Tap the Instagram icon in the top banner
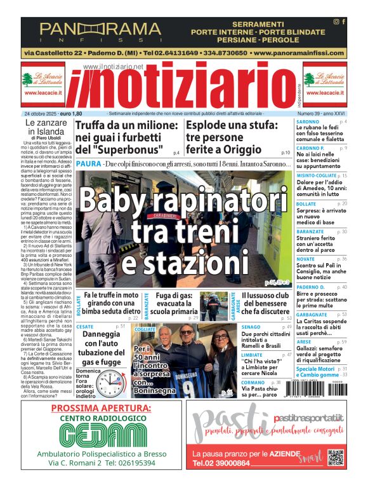pyautogui.click(x=336, y=22)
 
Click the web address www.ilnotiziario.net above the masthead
pyautogui.click(x=113, y=67)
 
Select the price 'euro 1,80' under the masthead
pyautogui.click(x=69, y=113)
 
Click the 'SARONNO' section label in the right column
pyautogui.click(x=308, y=121)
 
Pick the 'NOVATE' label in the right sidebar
pyautogui.click(x=305, y=259)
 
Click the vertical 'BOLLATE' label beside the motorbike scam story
pyautogui.click(x=78, y=305)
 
